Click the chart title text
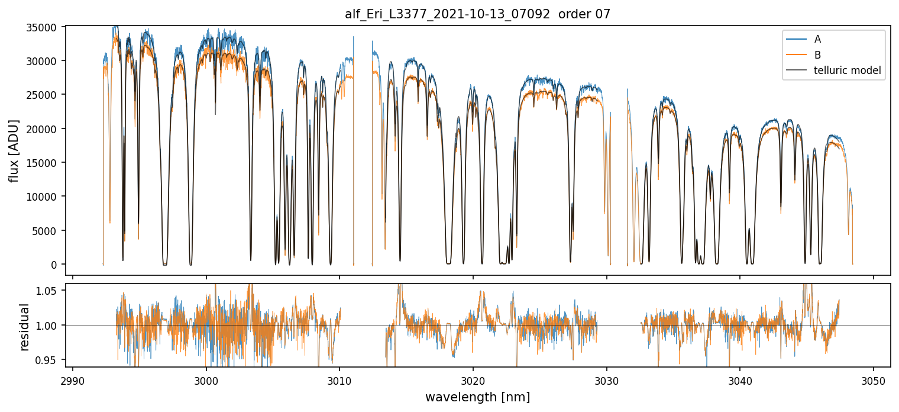pyautogui.click(x=477, y=14)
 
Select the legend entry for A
pyautogui.click(x=818, y=39)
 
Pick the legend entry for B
pyautogui.click(x=818, y=55)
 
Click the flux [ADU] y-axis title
pyautogui.click(x=14, y=151)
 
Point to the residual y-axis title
pyautogui.click(x=25, y=327)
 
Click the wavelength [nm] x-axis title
pyautogui.click(x=477, y=397)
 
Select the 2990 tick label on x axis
pyautogui.click(x=73, y=379)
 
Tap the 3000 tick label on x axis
pyautogui.click(x=206, y=379)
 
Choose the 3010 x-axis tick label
pyautogui.click(x=339, y=379)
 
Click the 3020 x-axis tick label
pyautogui.click(x=473, y=379)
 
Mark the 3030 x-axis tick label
pyautogui.click(x=606, y=379)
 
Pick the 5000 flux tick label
pyautogui.click(x=49, y=231)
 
